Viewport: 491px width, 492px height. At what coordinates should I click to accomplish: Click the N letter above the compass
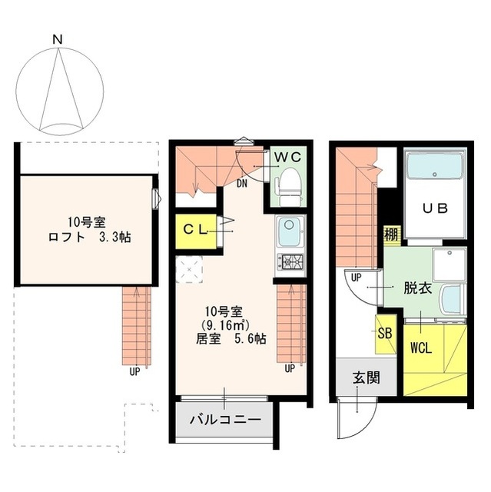pos(57,38)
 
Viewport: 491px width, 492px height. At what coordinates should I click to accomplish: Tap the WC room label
pos(288,156)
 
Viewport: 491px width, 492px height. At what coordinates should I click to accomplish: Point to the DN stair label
pos(242,184)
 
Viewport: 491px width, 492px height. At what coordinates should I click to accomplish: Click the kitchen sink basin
pos(290,230)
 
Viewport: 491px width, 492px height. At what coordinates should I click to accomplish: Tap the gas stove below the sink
pos(290,261)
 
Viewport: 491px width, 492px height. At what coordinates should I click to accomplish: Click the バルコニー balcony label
pos(224,421)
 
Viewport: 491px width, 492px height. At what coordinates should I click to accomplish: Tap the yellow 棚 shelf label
pos(390,234)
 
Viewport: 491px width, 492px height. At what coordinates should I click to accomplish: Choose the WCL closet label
pos(420,347)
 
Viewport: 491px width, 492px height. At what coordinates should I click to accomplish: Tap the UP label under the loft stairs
pos(134,371)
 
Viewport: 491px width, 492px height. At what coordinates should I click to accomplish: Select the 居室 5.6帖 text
pos(230,337)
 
